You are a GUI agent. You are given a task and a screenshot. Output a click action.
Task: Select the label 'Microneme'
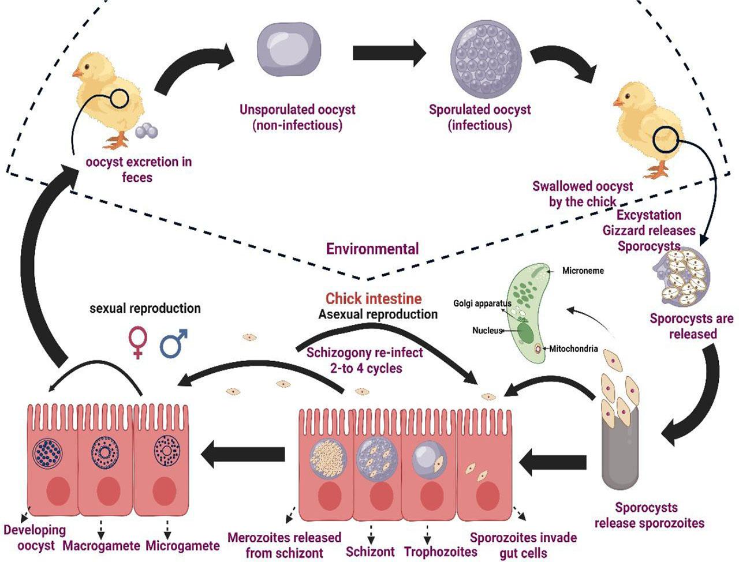pos(583,270)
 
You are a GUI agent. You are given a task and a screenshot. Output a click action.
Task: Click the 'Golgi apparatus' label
pos(482,303)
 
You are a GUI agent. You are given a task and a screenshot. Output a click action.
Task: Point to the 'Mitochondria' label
pos(573,349)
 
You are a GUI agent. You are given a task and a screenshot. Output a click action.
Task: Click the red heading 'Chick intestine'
pos(374,298)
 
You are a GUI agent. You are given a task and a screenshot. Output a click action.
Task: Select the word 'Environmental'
pos(372,249)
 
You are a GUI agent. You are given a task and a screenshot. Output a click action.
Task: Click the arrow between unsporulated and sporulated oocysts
pos(389,54)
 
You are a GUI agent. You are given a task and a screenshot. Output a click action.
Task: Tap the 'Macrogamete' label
pos(102,546)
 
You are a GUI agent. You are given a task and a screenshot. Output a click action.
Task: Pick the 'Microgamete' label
pos(182,546)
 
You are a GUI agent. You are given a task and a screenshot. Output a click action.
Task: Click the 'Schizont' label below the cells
pos(370,551)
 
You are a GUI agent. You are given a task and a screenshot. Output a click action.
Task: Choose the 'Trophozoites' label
pos(441,552)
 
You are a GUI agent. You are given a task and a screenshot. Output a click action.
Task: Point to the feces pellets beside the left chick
pos(146,132)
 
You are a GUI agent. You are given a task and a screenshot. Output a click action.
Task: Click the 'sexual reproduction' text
pos(145,308)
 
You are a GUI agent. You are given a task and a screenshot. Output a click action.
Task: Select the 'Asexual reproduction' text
pos(378,314)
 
